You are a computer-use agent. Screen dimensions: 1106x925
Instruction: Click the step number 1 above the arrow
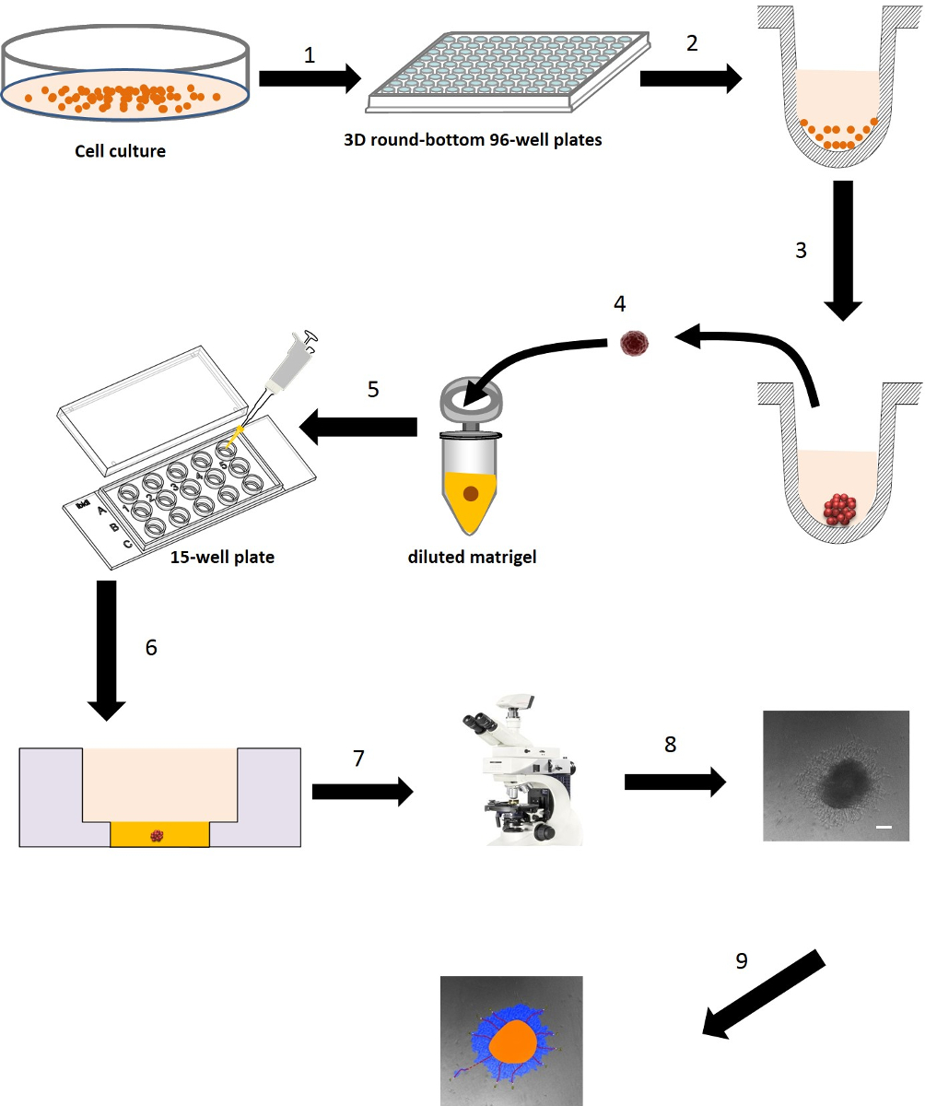pos(310,55)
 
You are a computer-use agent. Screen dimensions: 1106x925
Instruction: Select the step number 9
pos(742,961)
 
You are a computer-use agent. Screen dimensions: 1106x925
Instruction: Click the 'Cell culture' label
pos(121,150)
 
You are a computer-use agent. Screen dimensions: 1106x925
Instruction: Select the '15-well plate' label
pos(222,558)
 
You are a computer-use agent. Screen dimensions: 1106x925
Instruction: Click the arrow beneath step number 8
pos(674,782)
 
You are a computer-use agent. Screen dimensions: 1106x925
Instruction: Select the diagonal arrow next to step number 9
pos(764,996)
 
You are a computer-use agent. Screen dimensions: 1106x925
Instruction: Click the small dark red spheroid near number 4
pos(635,344)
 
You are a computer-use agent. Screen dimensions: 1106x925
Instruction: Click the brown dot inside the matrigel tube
pos(471,494)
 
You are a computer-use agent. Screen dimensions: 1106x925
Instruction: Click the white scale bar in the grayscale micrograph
pos(884,828)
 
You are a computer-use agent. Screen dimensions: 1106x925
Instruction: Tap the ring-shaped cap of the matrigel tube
pos(470,400)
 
